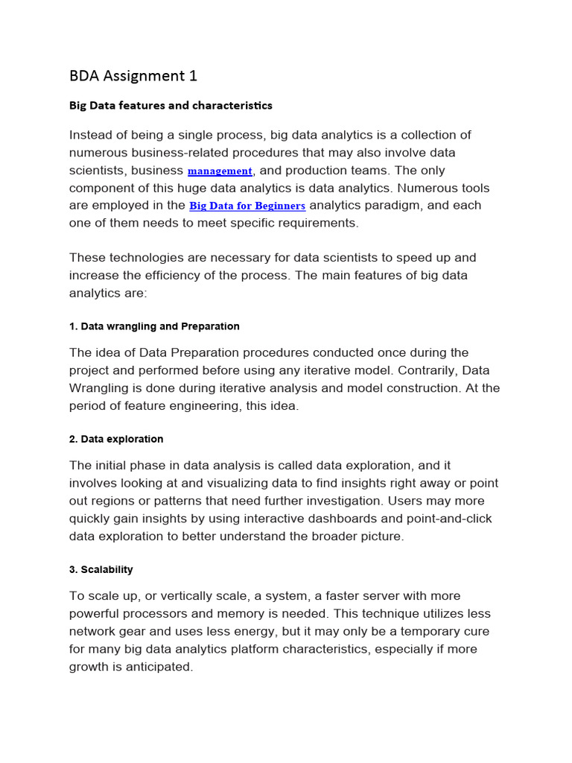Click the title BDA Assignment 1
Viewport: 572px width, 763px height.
133,75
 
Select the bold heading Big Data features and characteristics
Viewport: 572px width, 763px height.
171,105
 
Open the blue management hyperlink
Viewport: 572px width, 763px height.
220,171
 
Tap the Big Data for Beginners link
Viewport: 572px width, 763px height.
247,206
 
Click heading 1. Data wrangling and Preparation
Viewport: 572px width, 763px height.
154,326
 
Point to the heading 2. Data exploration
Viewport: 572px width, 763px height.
116,439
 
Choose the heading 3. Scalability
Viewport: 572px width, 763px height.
101,569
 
